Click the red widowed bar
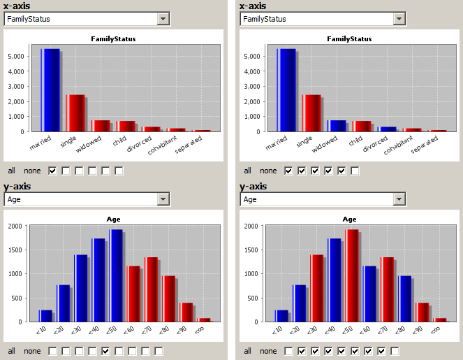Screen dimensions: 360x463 click(101, 126)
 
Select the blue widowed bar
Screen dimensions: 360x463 click(337, 126)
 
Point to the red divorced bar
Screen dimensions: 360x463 click(151, 129)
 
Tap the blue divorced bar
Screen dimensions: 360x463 click(387, 129)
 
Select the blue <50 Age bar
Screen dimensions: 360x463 click(115, 275)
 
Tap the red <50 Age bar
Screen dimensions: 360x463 click(351, 275)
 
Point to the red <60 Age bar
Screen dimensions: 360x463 click(133, 294)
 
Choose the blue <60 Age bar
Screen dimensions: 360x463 click(369, 294)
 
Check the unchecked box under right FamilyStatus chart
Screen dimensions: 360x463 click(355, 171)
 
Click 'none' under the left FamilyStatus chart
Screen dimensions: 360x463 click(32, 171)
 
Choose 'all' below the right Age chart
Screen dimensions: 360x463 click(247, 351)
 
